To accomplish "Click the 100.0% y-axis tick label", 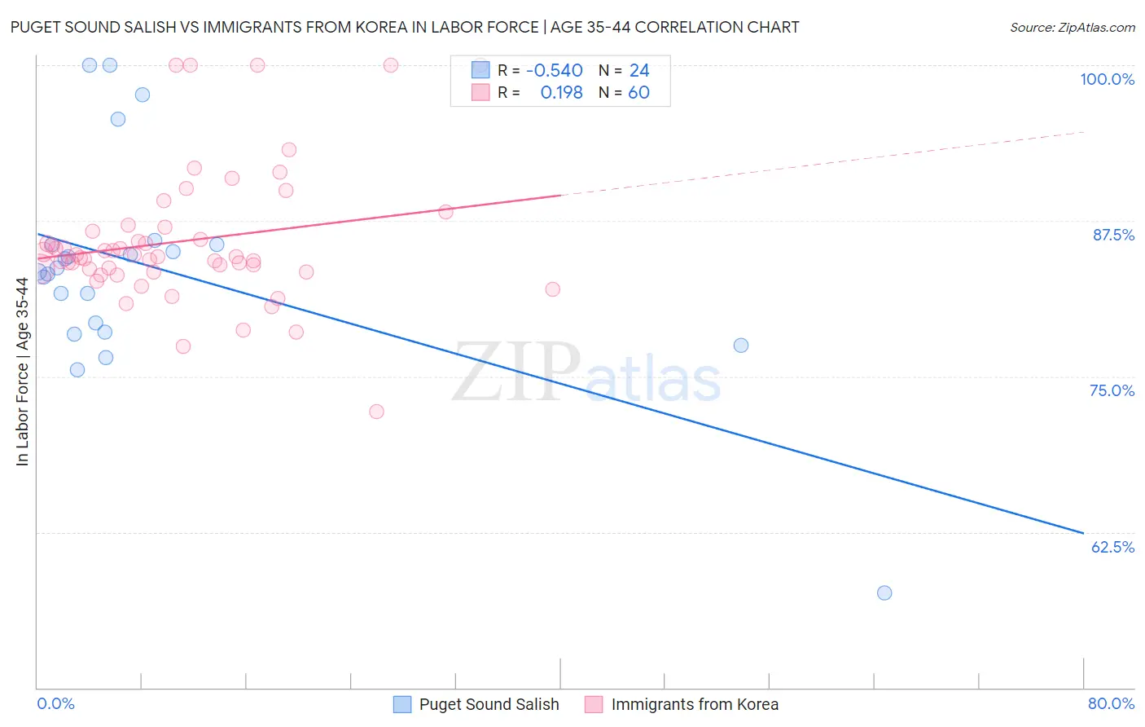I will click(1107, 79).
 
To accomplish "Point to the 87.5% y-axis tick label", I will click(1113, 235).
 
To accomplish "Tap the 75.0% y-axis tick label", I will click(1112, 390).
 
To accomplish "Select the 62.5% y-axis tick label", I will click(1112, 547).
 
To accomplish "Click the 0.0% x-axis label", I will click(55, 703).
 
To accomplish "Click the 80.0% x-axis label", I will click(1111, 703).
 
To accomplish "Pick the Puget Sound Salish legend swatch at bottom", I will click(402, 704).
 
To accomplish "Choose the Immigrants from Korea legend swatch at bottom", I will click(594, 704).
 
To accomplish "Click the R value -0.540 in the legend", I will click(554, 71).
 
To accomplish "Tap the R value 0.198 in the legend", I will click(561, 93).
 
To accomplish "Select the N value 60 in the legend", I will click(638, 93).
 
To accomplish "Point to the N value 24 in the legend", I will click(639, 71).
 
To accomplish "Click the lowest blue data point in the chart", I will click(884, 593).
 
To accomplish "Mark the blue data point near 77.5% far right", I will click(740, 346).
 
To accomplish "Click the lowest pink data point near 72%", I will click(376, 412).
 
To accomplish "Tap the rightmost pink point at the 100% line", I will click(391, 65).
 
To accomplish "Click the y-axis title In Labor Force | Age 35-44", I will click(22, 372).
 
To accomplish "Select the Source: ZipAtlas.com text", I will click(1072, 28).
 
